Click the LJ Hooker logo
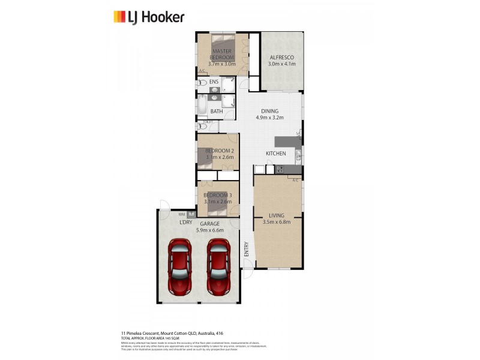coord(149,17)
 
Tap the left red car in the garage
coord(180,267)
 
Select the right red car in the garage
coord(220,267)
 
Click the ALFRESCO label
coord(281,57)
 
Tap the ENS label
coord(214,82)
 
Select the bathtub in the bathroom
coord(202,106)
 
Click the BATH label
coord(217,111)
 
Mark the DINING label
coord(269,111)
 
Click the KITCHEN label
coord(276,154)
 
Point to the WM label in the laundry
coord(182,214)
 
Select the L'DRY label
coord(186,222)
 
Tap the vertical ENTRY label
coord(246,249)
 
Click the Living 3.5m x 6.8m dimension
coord(276,222)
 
